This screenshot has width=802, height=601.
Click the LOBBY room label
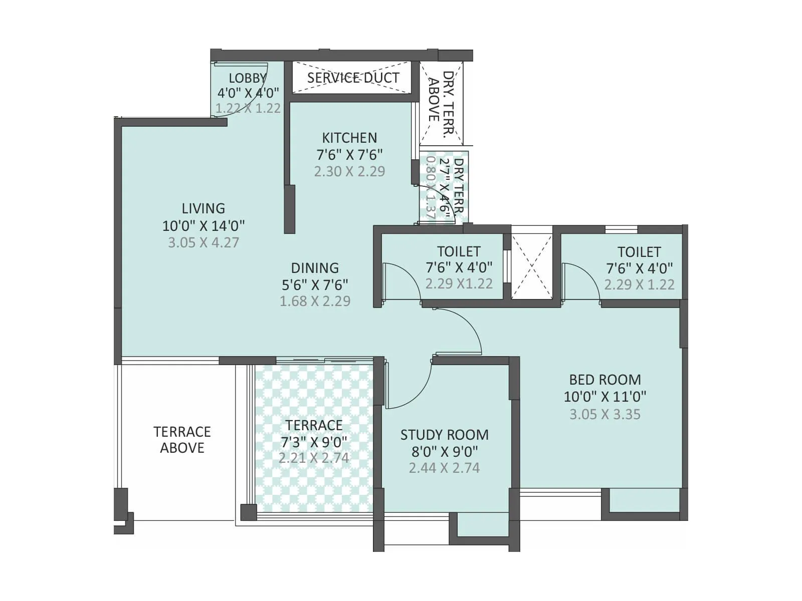[x=247, y=78]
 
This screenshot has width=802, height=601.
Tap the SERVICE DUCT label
[x=353, y=78]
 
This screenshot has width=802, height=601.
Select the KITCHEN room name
[x=349, y=138]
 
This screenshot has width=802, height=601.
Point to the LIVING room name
[x=203, y=208]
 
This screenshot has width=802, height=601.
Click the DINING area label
[x=315, y=268]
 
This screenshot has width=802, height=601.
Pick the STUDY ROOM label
[x=444, y=435]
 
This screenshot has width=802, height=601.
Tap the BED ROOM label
[x=605, y=380]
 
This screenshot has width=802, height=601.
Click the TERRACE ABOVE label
[x=182, y=439]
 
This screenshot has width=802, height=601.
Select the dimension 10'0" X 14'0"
[x=203, y=225]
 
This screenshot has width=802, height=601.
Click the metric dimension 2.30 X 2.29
[x=349, y=171]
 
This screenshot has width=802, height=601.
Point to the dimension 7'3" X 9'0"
[x=314, y=442]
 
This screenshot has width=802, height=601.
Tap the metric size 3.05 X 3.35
[x=605, y=414]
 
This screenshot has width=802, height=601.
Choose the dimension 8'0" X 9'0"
[x=444, y=451]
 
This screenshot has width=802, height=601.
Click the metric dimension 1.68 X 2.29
[x=315, y=301]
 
